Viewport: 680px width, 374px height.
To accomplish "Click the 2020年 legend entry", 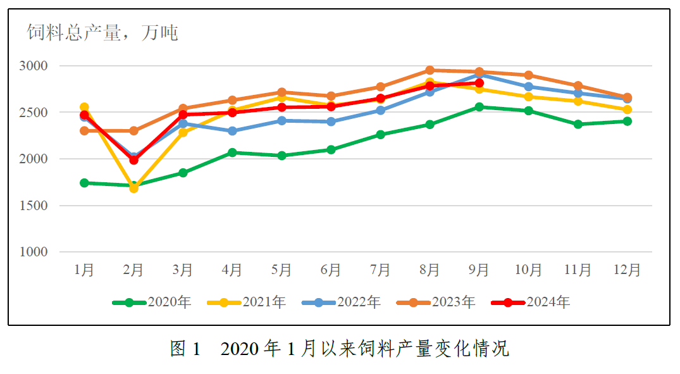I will [x=152, y=302].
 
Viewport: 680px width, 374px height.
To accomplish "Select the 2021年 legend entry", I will [x=247, y=302].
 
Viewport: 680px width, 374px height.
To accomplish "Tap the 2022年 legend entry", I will [x=341, y=302].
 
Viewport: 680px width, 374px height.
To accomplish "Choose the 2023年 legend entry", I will [x=436, y=302].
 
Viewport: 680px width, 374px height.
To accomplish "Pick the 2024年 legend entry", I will [x=531, y=302].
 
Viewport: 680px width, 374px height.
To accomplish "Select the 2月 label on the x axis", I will [x=133, y=270].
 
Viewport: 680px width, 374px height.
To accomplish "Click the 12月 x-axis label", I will [x=627, y=270].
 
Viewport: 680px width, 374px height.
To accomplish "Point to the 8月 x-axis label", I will [x=430, y=270].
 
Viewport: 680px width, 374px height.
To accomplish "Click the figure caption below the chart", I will [x=340, y=349].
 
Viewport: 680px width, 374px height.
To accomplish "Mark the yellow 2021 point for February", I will [x=133, y=189].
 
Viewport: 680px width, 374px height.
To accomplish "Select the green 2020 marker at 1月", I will [x=84, y=183].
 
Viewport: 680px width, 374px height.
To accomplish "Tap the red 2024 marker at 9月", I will [x=479, y=83].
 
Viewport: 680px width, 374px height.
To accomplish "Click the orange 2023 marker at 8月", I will [x=430, y=70].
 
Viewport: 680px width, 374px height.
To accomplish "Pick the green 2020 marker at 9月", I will [x=479, y=107].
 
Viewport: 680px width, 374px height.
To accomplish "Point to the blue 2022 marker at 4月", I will [x=232, y=131].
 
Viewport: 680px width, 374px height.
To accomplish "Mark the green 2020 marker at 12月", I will [x=627, y=121].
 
